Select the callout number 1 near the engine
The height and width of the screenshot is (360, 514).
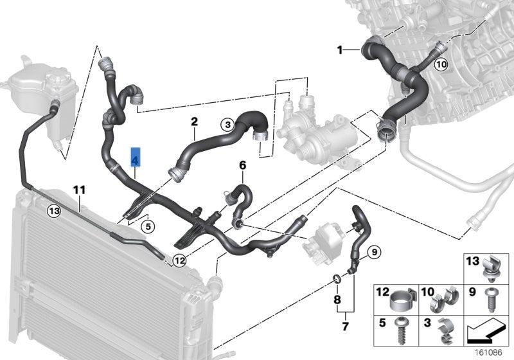pyautogui.click(x=341, y=50)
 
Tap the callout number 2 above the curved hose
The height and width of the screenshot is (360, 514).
pyautogui.click(x=194, y=121)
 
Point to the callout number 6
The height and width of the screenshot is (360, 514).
pyautogui.click(x=243, y=166)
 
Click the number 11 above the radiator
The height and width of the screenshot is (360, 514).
pyautogui.click(x=79, y=190)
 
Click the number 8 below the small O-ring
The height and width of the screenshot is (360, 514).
pyautogui.click(x=336, y=300)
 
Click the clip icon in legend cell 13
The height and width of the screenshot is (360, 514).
pyautogui.click(x=492, y=269)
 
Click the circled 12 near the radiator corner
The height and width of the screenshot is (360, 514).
pyautogui.click(x=179, y=261)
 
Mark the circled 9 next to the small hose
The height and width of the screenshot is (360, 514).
pyautogui.click(x=374, y=251)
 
